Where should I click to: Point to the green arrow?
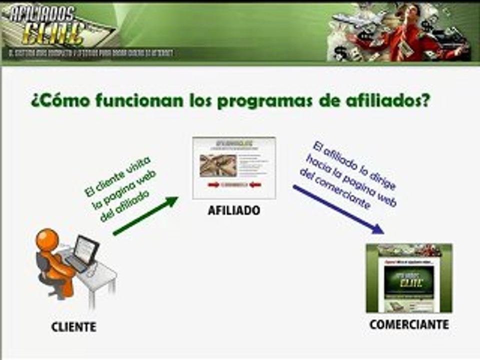(145, 216)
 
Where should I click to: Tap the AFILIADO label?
(234, 211)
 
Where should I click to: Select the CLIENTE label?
(73, 327)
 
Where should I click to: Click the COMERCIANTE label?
(409, 325)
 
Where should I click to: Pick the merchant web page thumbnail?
(409, 278)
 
